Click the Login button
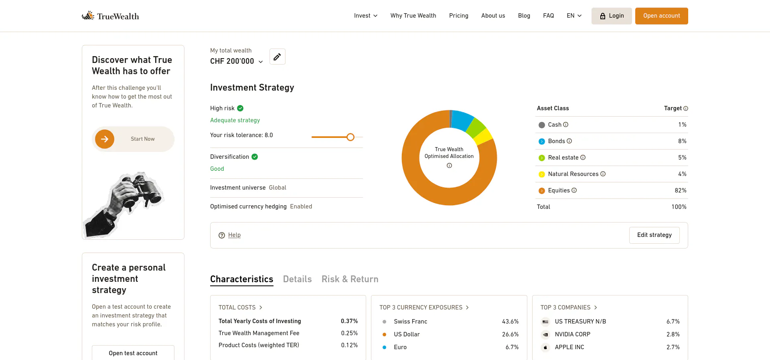click(612, 16)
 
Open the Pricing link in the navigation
click(459, 16)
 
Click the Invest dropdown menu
click(366, 16)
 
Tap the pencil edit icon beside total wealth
click(277, 57)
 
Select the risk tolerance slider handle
click(351, 137)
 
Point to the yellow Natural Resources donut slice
click(484, 137)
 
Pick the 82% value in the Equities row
click(681, 190)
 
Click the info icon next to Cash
click(566, 125)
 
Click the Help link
click(234, 235)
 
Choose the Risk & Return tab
click(350, 279)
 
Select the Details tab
click(297, 279)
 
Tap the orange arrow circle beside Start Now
click(105, 139)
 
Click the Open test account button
click(133, 353)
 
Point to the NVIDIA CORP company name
click(573, 334)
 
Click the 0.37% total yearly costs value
click(349, 321)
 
